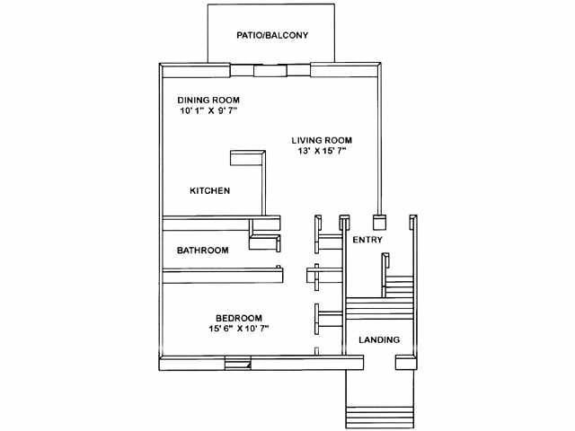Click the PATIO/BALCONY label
pyautogui.click(x=272, y=35)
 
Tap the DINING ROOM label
pyautogui.click(x=208, y=100)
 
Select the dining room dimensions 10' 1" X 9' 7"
pyautogui.click(x=208, y=110)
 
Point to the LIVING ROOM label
pyautogui.click(x=322, y=140)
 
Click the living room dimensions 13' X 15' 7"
pyautogui.click(x=322, y=151)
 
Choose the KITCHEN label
pyautogui.click(x=209, y=190)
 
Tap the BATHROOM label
pyautogui.click(x=203, y=251)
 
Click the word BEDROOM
pyautogui.click(x=239, y=318)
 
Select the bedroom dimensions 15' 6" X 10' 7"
pyautogui.click(x=239, y=329)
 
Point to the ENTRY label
pyautogui.click(x=367, y=240)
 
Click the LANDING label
pyautogui.click(x=379, y=339)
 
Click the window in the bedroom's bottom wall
pyautogui.click(x=237, y=363)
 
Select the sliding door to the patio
pyautogui.click(x=270, y=70)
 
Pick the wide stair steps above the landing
pyautogui.click(x=380, y=308)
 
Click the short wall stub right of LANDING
pyautogui.click(x=405, y=362)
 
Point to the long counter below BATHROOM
pyautogui.click(x=223, y=276)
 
